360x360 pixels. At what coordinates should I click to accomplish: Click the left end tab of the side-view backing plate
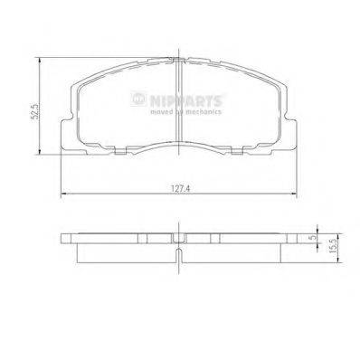tap(65, 241)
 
